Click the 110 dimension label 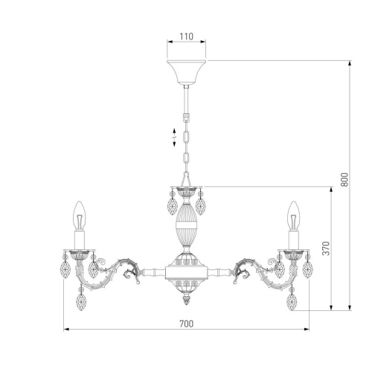[186, 36]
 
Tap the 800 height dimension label [344, 179]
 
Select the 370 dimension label [326, 248]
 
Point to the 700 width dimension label [187, 324]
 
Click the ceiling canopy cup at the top [186, 72]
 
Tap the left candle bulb [80, 216]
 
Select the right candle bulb [294, 216]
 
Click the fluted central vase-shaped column [187, 224]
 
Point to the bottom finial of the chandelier [187, 300]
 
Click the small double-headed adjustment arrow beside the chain [174, 137]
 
